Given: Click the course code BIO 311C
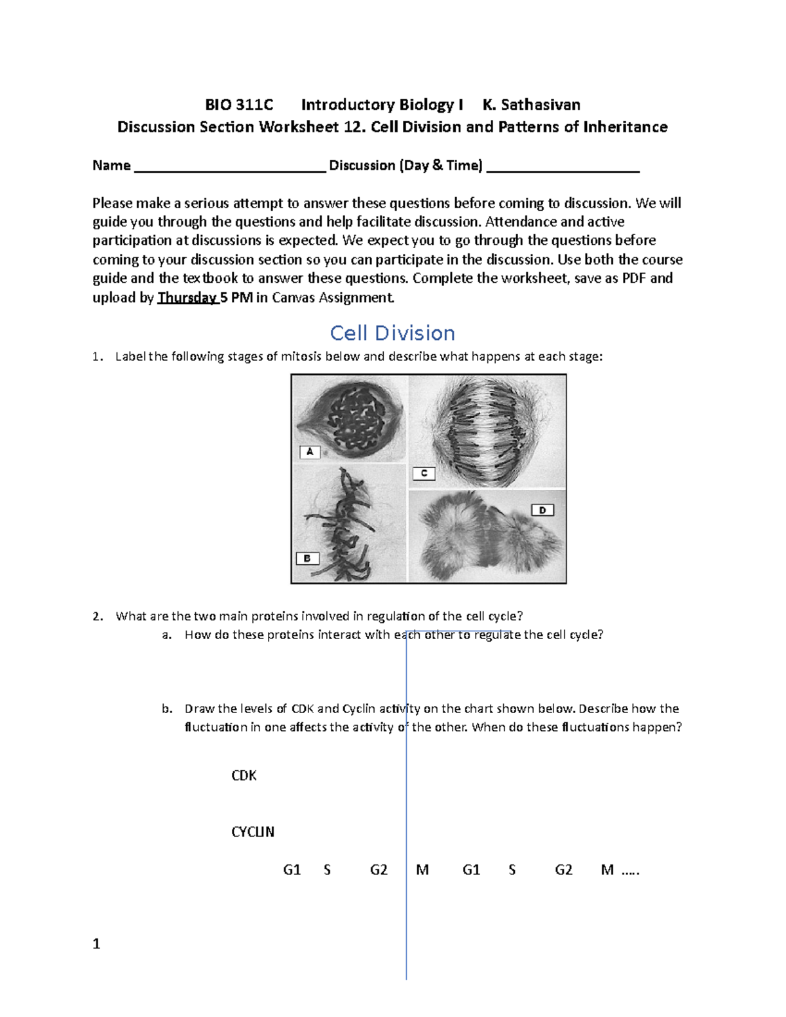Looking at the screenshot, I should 239,105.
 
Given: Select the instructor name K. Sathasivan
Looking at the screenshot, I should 531,105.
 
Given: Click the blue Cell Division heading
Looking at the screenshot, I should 392,333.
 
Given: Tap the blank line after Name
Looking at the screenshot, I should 229,168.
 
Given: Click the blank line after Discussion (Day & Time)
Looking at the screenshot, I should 563,168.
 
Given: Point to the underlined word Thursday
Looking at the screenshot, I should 187,297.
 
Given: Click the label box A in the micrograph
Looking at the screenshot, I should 310,452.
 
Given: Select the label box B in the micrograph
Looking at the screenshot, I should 307,559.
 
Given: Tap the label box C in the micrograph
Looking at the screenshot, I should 424,473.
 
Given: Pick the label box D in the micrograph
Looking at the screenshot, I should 542,510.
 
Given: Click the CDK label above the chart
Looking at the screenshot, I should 244,775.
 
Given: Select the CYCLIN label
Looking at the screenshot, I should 253,832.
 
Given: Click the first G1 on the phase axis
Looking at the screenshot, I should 291,870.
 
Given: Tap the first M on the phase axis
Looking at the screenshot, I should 422,870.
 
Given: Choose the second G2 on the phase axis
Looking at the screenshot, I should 563,870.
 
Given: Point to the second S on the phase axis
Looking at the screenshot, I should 512,870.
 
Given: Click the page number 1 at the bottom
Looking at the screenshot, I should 96,944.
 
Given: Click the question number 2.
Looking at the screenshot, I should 98,616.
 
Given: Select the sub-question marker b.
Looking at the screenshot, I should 167,709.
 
